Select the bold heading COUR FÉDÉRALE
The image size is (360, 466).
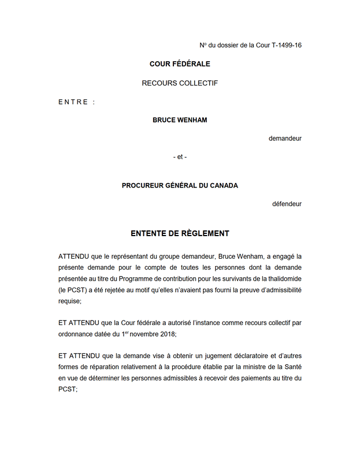click(x=180, y=64)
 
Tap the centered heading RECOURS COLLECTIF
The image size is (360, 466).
click(x=180, y=83)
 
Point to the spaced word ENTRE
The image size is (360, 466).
click(x=73, y=102)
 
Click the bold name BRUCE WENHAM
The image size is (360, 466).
click(x=180, y=120)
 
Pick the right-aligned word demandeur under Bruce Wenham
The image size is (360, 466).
click(x=285, y=139)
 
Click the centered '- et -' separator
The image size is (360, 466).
click(x=180, y=157)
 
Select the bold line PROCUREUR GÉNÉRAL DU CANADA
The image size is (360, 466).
click(x=180, y=185)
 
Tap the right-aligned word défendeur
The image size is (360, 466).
click(x=287, y=204)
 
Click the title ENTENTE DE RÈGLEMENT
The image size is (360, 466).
click(x=180, y=233)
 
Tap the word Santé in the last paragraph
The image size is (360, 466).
click(x=291, y=367)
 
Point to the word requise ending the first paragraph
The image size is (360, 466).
click(x=69, y=301)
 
